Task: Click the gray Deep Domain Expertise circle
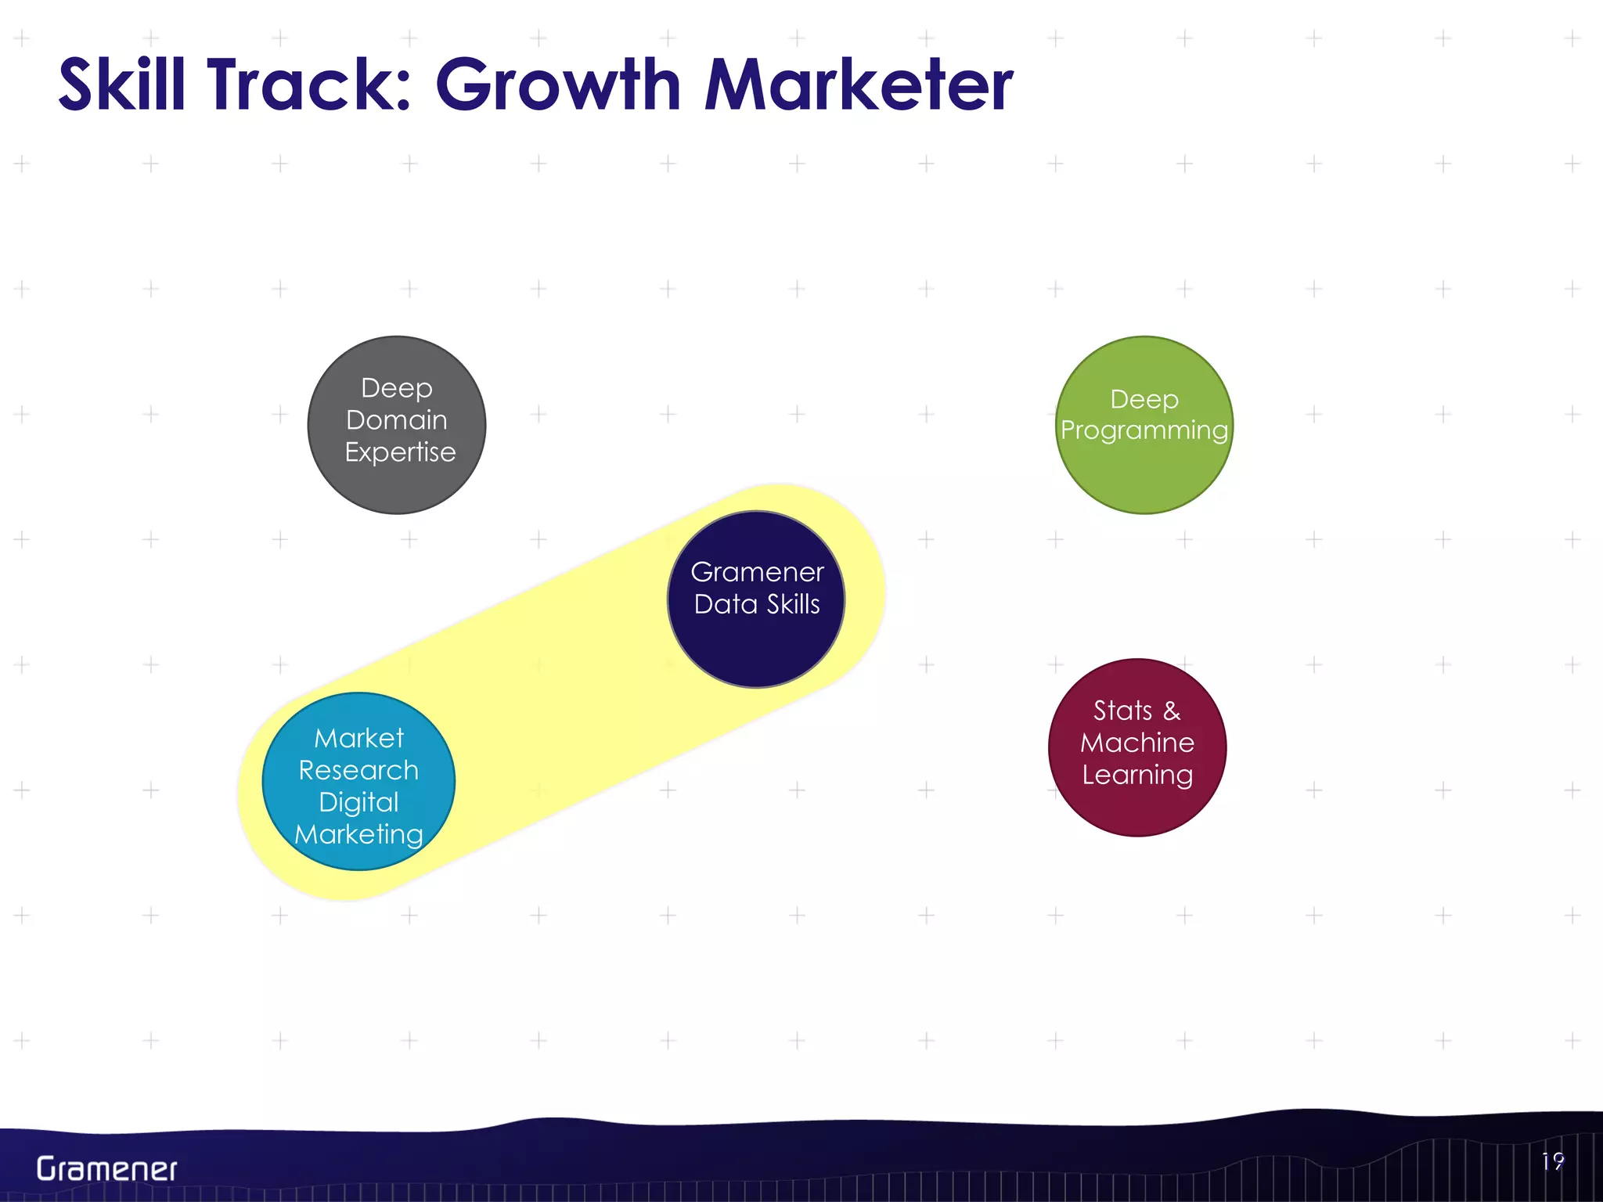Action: [397, 485]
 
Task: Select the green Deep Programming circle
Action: [1144, 477]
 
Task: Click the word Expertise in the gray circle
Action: [400, 452]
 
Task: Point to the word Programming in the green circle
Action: [1144, 430]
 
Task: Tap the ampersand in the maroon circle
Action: [1172, 711]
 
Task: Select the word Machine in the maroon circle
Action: [1137, 743]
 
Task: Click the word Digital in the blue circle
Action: [358, 802]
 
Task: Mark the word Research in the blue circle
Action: [358, 770]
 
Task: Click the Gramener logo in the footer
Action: [106, 1169]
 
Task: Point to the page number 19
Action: [1552, 1161]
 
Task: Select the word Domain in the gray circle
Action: [397, 420]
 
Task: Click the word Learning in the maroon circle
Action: [1137, 775]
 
